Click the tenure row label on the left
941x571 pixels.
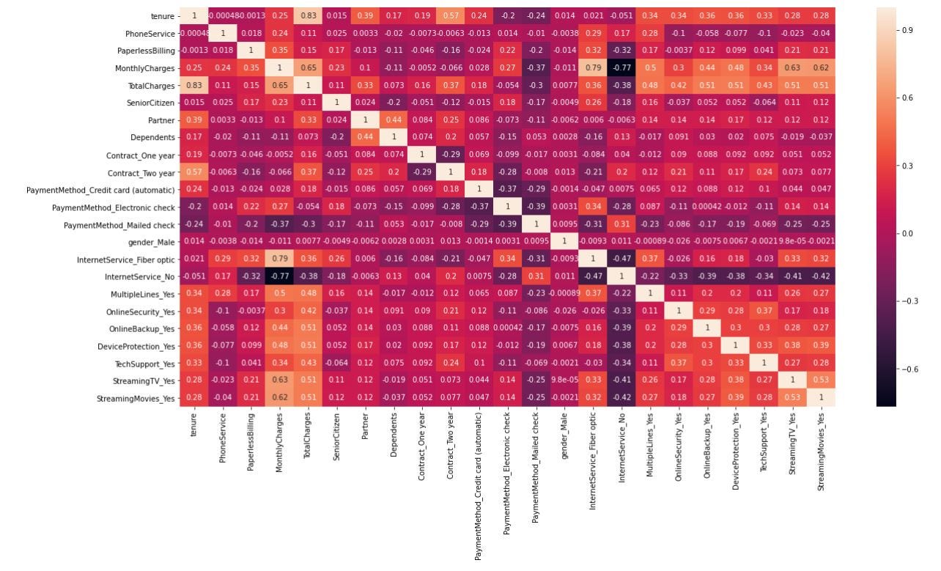click(162, 16)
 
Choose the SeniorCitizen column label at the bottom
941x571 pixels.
click(336, 437)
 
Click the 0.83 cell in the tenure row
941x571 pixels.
click(308, 16)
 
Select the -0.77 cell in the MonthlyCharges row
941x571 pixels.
click(621, 68)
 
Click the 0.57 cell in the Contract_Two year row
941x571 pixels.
click(194, 172)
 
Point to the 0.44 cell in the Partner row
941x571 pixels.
click(393, 120)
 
